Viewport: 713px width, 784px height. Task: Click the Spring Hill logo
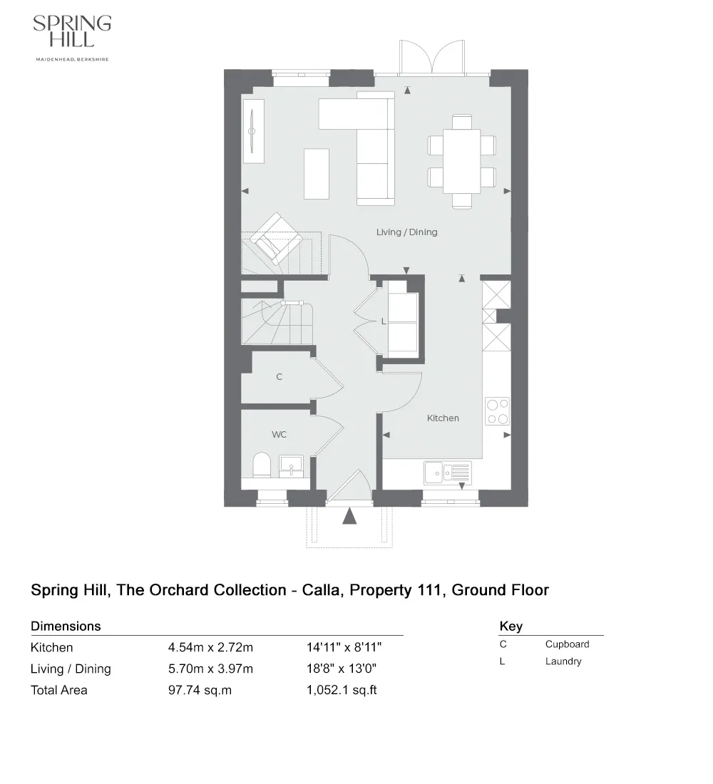click(72, 37)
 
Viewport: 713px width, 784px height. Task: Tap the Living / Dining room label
click(406, 232)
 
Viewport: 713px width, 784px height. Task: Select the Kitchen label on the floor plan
click(443, 418)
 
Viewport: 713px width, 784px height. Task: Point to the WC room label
click(278, 434)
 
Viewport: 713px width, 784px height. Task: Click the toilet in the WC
click(262, 465)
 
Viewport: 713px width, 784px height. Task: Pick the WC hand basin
click(291, 465)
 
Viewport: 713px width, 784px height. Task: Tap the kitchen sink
click(447, 471)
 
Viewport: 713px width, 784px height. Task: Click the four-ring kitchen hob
click(497, 411)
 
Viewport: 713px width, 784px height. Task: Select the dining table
click(461, 161)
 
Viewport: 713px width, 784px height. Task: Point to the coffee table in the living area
click(317, 173)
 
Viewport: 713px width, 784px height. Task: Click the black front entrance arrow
click(349, 515)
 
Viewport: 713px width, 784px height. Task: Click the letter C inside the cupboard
click(279, 377)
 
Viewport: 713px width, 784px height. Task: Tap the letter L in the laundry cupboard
click(383, 321)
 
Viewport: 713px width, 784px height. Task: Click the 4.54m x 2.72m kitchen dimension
click(210, 648)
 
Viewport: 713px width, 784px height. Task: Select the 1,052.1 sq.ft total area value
click(342, 690)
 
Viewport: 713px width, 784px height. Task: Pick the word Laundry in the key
click(563, 661)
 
